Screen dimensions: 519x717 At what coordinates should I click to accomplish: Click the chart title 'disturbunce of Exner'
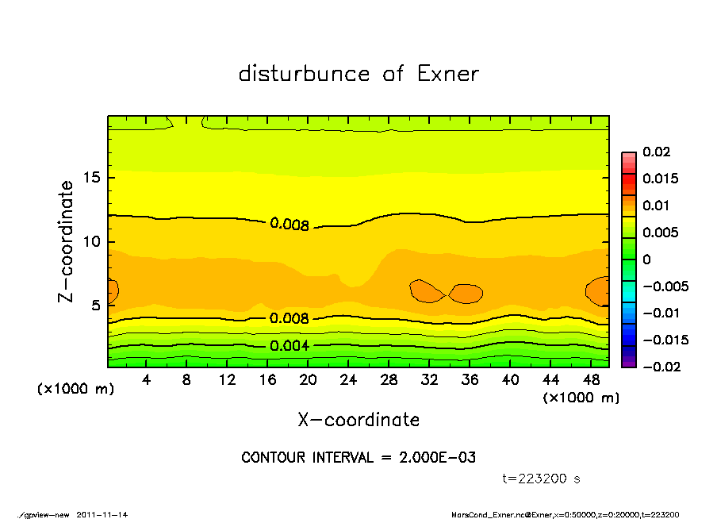(x=358, y=74)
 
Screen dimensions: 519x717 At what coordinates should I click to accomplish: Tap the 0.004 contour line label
(x=289, y=345)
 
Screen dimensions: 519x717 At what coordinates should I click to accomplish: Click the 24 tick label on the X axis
(x=349, y=380)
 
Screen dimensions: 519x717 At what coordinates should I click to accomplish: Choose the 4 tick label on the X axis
(x=147, y=380)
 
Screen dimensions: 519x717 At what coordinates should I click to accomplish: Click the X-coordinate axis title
(x=358, y=419)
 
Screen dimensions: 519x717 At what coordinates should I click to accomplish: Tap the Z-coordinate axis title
(x=66, y=241)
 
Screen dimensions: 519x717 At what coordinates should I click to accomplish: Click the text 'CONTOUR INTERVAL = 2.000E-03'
(x=358, y=458)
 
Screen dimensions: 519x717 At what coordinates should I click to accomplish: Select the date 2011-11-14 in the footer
(x=102, y=514)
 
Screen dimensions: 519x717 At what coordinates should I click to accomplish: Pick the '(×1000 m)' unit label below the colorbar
(x=581, y=398)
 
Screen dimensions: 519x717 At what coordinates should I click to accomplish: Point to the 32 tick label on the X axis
(x=430, y=380)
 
